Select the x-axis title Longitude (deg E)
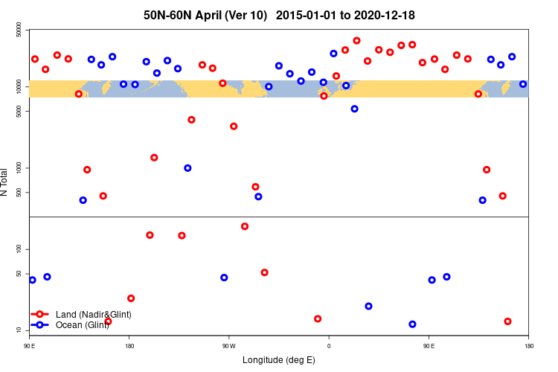279,360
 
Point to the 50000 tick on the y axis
19,30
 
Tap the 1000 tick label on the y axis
19,168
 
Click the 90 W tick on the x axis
228,345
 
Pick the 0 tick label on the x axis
328,345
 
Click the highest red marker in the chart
356,41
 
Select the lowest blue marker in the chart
412,324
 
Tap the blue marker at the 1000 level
187,168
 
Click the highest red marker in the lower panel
245,226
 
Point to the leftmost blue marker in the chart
32,280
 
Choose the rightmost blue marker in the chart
523,84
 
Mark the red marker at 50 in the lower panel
264,272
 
